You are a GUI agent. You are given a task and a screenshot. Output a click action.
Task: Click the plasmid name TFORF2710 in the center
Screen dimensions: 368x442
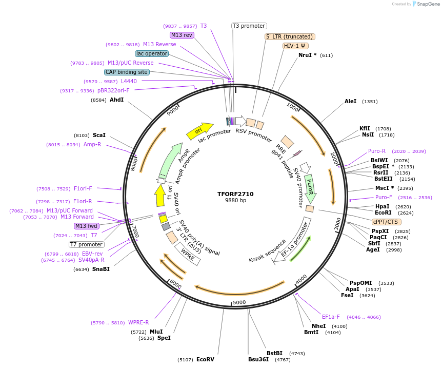pos(235,194)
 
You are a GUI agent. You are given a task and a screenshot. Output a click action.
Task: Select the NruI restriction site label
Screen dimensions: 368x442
pos(308,55)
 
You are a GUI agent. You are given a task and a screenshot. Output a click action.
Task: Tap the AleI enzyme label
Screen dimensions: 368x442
pos(351,102)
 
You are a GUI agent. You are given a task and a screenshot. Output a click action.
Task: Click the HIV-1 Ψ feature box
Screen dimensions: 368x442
pos(295,46)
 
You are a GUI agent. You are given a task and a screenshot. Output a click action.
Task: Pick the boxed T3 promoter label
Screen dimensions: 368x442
pos(249,26)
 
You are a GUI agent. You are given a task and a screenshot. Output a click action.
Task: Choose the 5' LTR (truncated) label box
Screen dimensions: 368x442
pos(290,36)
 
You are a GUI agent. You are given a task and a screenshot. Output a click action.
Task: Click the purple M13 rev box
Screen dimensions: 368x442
pos(182,35)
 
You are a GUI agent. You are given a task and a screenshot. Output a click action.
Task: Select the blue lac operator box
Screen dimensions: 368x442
pos(152,53)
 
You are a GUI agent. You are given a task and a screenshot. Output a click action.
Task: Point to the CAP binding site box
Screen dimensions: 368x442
pos(127,72)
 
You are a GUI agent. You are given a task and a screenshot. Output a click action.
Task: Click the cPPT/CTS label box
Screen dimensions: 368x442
pos(385,222)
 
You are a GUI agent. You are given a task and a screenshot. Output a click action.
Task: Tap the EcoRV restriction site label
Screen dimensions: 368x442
pos(205,360)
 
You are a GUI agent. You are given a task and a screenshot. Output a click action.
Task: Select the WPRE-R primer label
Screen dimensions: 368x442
pos(138,322)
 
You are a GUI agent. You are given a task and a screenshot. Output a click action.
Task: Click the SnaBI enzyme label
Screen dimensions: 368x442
pos(101,269)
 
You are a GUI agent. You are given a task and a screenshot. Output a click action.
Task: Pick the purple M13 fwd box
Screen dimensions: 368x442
pos(87,226)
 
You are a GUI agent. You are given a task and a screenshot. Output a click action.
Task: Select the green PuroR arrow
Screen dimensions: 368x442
pos(310,187)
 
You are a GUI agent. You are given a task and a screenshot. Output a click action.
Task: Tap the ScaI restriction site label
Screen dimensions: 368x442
pos(99,135)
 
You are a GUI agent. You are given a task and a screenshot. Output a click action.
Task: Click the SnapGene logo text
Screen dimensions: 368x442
pos(428,4)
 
